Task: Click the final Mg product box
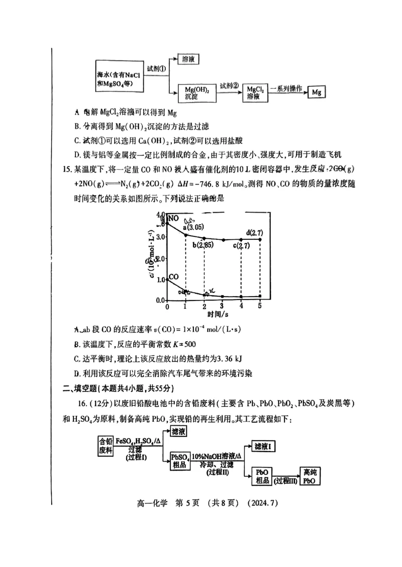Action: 316,92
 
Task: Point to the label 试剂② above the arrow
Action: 229,85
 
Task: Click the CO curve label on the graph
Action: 174,276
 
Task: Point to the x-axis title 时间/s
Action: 218,314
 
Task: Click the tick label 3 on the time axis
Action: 222,306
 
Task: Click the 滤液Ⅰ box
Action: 264,446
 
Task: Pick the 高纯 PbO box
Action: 311,476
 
